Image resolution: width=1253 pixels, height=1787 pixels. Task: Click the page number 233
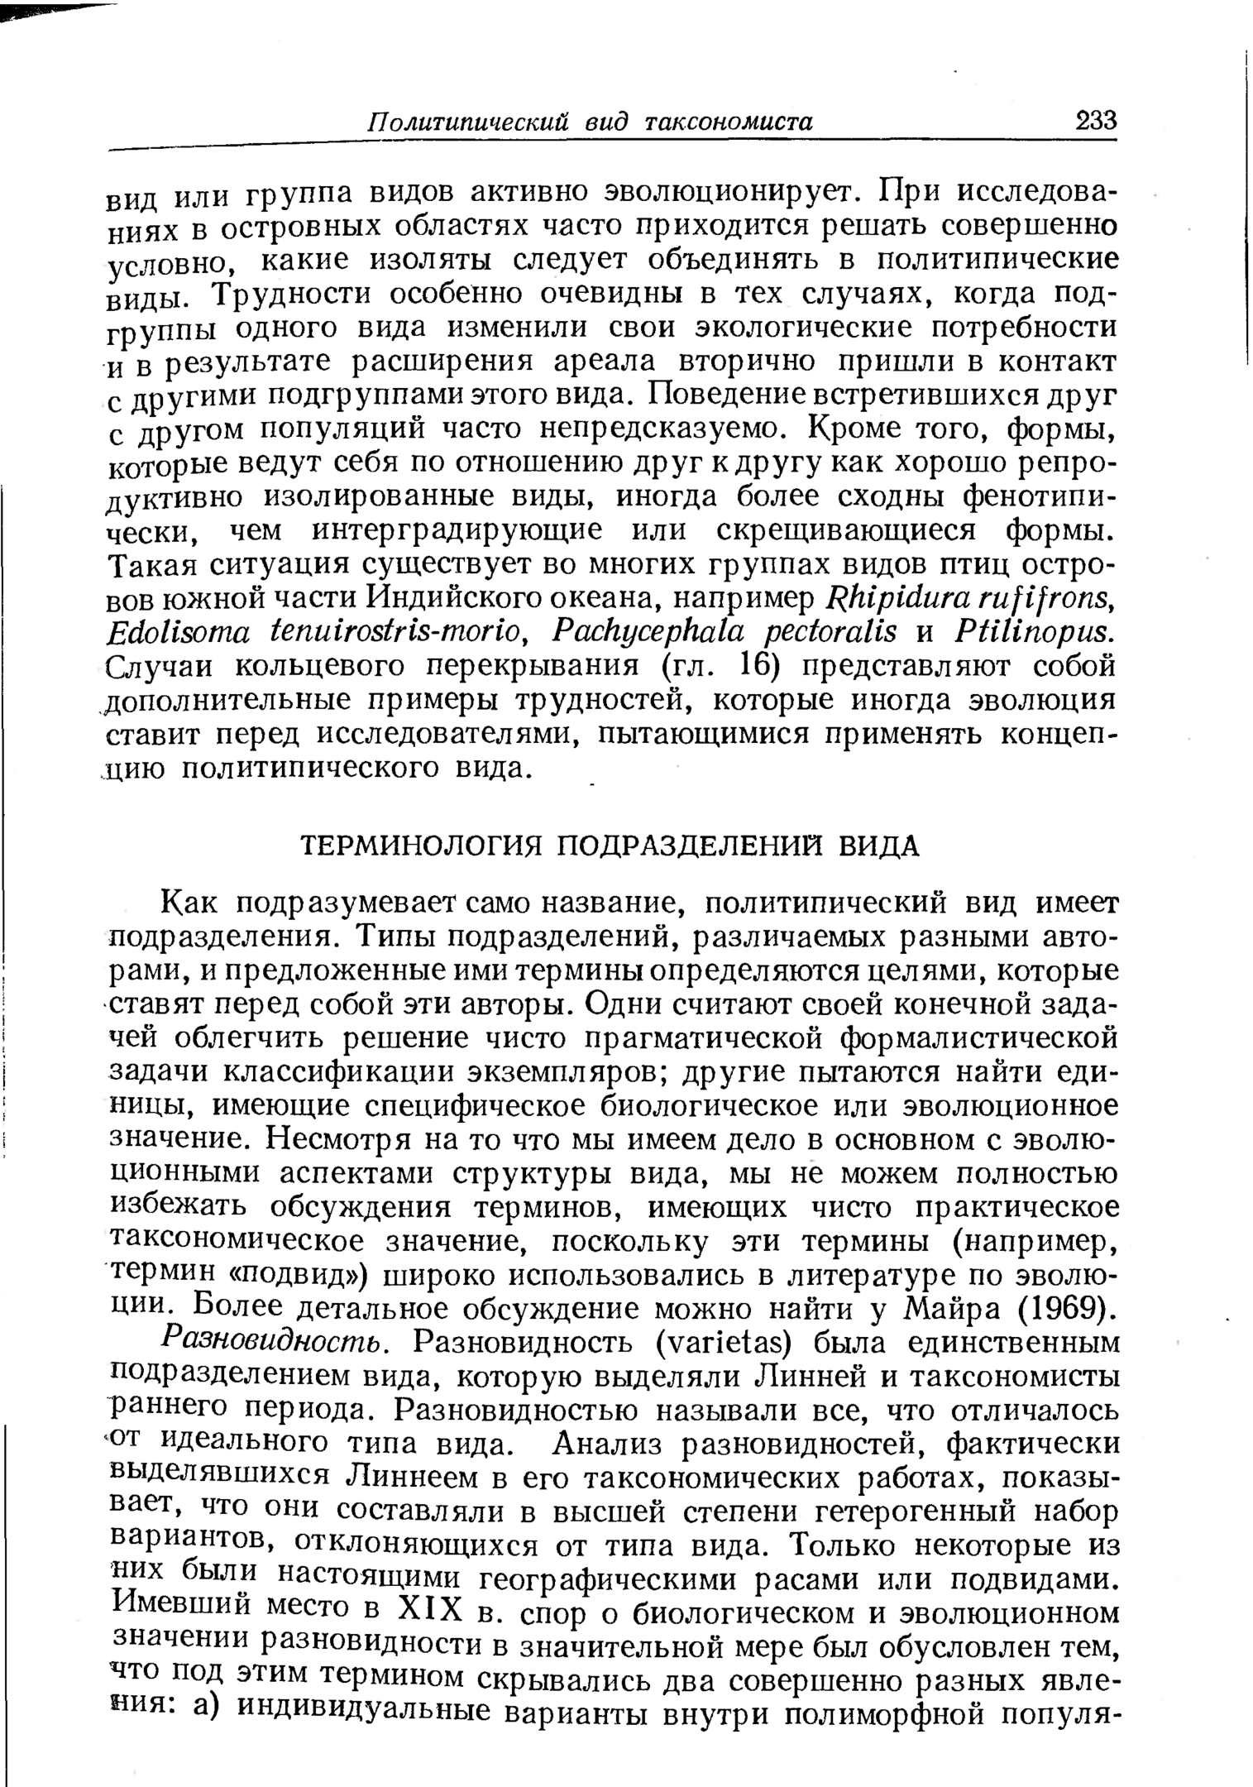click(x=1096, y=121)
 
